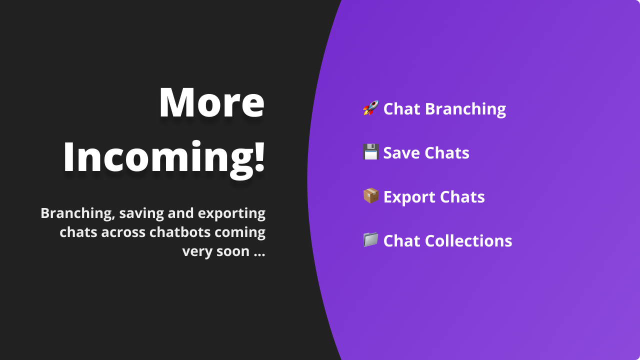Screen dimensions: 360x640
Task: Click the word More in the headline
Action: point(211,102)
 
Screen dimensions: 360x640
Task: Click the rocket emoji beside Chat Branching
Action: point(370,108)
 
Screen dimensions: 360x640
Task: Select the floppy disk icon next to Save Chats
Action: point(370,152)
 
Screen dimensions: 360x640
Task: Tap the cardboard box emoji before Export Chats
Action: point(370,196)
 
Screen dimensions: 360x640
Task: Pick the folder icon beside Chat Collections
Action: point(370,240)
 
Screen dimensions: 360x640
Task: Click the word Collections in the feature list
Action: point(469,241)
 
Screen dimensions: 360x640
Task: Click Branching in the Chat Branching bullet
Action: point(465,109)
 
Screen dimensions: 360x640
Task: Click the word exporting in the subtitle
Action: point(231,213)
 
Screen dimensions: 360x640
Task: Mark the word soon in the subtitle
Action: point(232,251)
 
